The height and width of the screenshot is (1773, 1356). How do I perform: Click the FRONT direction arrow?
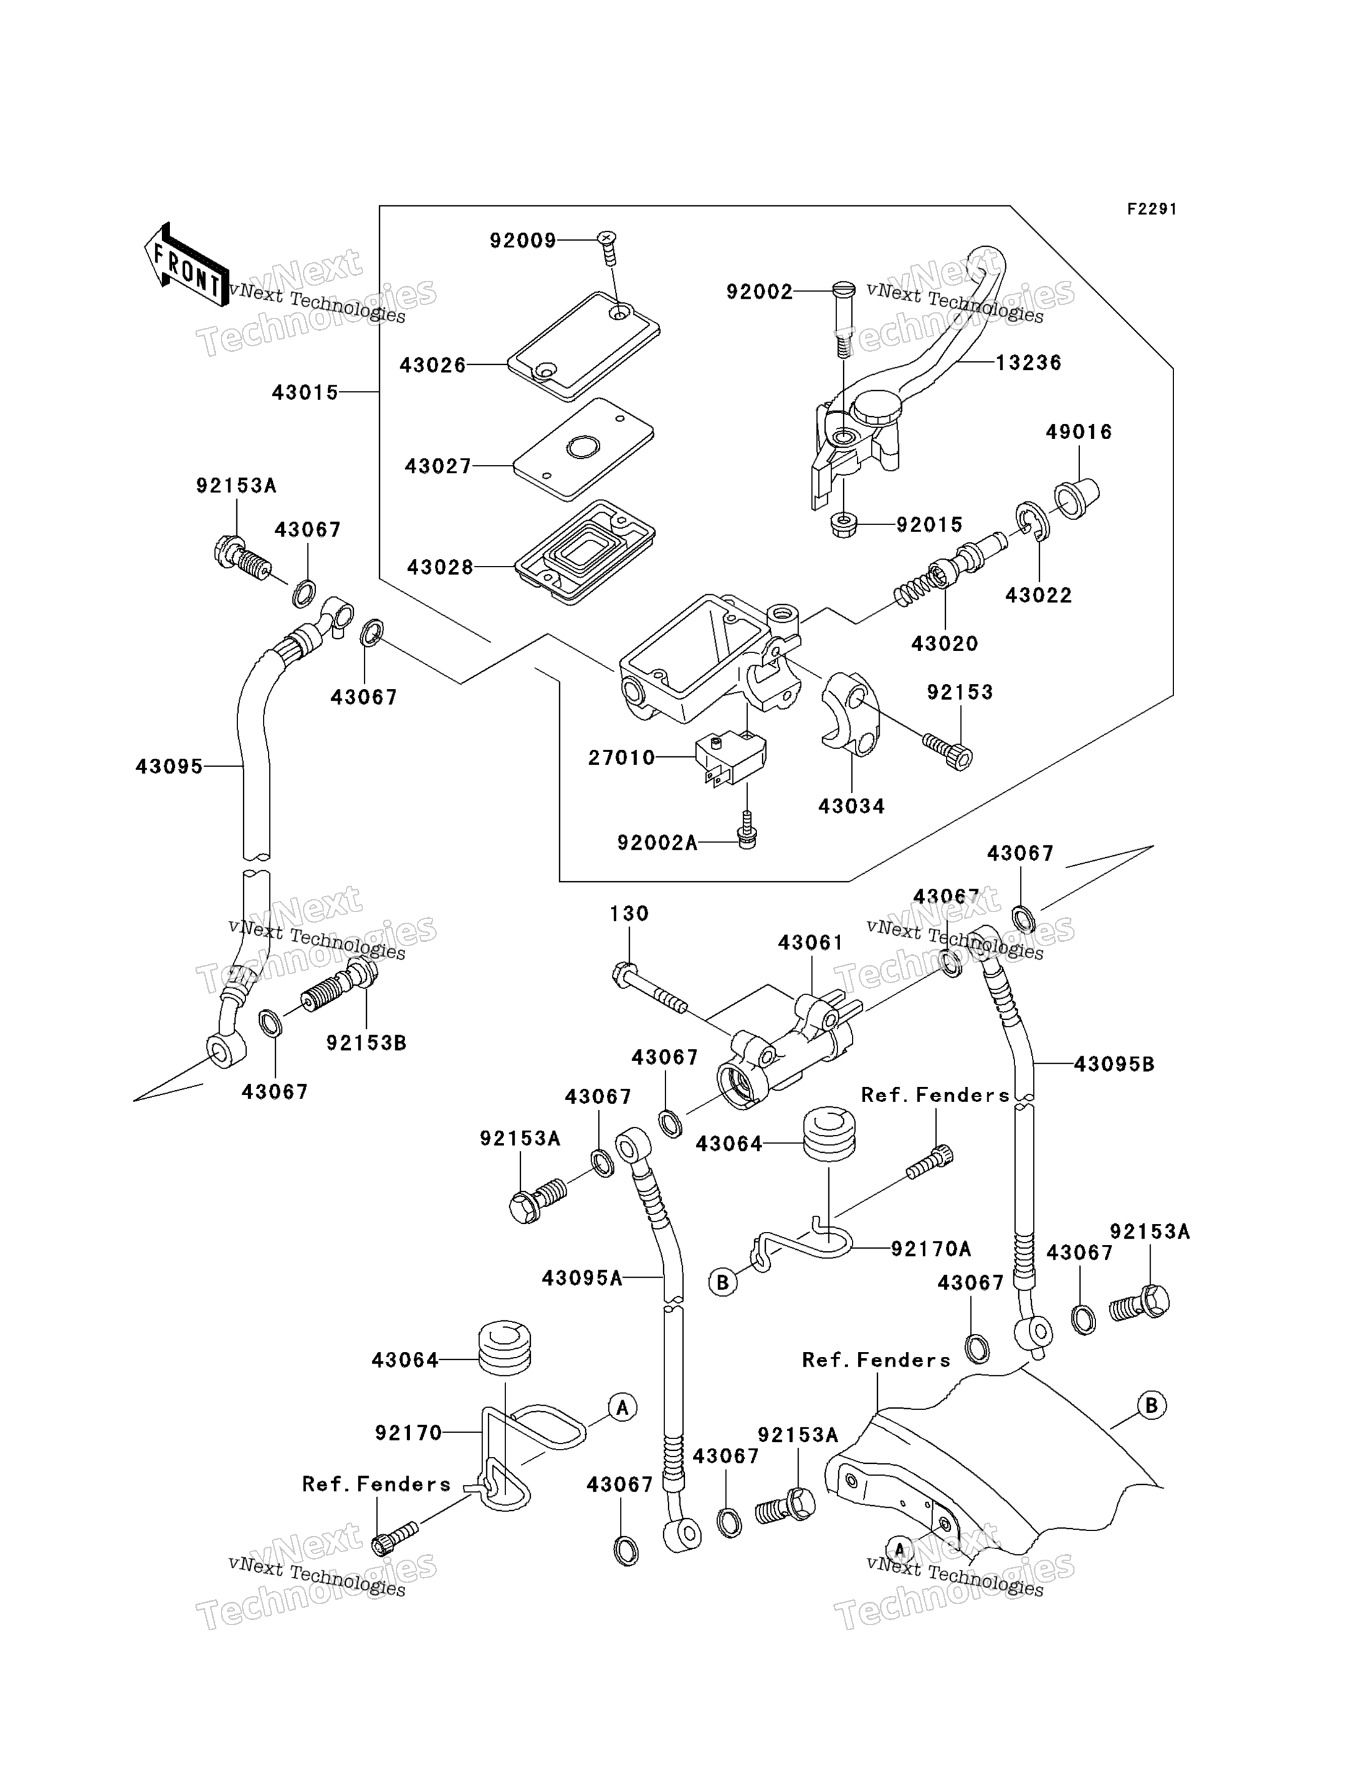pyautogui.click(x=186, y=265)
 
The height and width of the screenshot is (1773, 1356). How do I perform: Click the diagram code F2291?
pyautogui.click(x=1152, y=209)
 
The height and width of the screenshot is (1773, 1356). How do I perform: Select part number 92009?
pyautogui.click(x=523, y=241)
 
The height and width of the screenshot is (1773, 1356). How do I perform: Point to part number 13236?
pyautogui.click(x=1028, y=362)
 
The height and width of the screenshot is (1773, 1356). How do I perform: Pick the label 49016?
pyautogui.click(x=1079, y=432)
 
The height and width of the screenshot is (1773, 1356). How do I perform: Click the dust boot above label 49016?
pyautogui.click(x=1077, y=498)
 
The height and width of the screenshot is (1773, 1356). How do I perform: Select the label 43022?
pyautogui.click(x=1039, y=595)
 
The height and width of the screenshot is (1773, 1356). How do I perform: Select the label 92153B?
pyautogui.click(x=366, y=1043)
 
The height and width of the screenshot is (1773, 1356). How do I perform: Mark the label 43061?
pyautogui.click(x=810, y=942)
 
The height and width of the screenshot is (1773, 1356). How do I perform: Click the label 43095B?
pyautogui.click(x=1114, y=1064)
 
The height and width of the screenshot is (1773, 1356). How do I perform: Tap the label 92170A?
pyautogui.click(x=930, y=1249)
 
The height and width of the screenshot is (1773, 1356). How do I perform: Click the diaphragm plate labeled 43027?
pyautogui.click(x=583, y=449)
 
